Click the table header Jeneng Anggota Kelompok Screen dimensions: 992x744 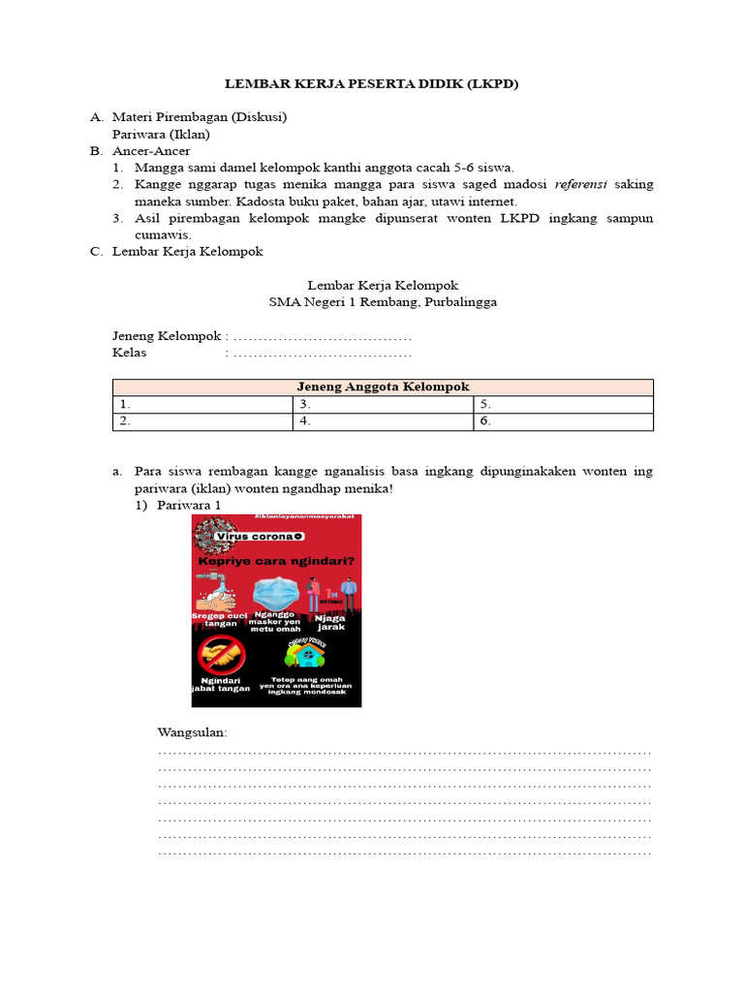coord(382,387)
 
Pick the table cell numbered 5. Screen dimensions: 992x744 coord(564,404)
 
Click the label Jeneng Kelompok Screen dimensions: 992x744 coord(167,336)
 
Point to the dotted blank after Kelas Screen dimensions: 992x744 coord(323,353)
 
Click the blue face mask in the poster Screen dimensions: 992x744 coord(276,592)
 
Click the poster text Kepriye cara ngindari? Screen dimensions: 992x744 coord(274,560)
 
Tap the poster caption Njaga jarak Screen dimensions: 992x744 coord(330,622)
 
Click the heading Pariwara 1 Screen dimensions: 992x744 coord(190,506)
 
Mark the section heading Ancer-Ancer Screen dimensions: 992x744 coord(151,151)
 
